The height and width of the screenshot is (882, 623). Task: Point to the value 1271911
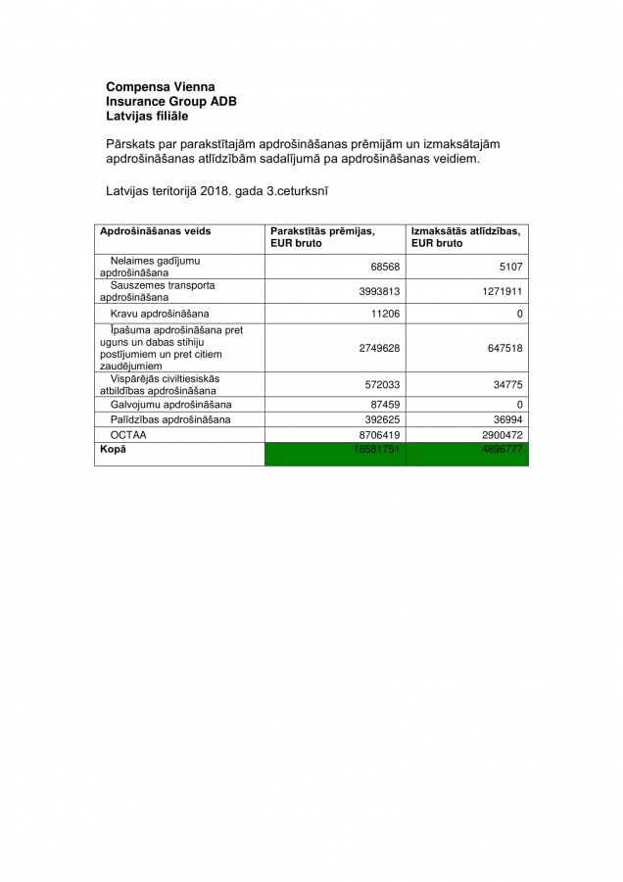pyautogui.click(x=501, y=291)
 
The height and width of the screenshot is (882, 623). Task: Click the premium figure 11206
pyautogui.click(x=383, y=314)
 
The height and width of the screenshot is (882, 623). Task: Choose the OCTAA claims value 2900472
pyautogui.click(x=501, y=434)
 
